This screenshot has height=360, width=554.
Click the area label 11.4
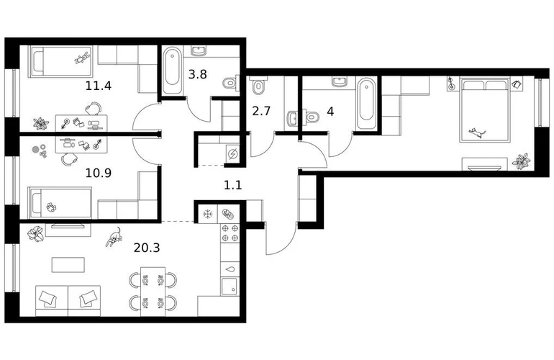point(99,86)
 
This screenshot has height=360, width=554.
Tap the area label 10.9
point(99,173)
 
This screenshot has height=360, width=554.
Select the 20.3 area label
point(147,248)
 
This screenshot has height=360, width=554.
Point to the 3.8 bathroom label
point(198,74)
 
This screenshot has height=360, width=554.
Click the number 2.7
point(261,111)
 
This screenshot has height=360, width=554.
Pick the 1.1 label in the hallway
point(233,184)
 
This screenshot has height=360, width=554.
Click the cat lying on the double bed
point(477,133)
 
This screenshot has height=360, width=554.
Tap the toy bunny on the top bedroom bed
point(82,58)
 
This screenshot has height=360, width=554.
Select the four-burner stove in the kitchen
point(230,233)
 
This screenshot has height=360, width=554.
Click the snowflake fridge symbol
point(207,214)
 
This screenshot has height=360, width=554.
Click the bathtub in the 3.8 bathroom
point(172,71)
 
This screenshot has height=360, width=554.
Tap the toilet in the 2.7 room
point(258,85)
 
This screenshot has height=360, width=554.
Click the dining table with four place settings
point(153,292)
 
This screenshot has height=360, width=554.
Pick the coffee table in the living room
point(68,265)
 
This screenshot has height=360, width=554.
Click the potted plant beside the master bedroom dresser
point(521,161)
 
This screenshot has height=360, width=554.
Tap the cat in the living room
point(114,237)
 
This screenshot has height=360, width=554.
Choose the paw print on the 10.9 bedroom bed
point(52,206)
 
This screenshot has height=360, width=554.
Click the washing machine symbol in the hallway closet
point(232,154)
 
